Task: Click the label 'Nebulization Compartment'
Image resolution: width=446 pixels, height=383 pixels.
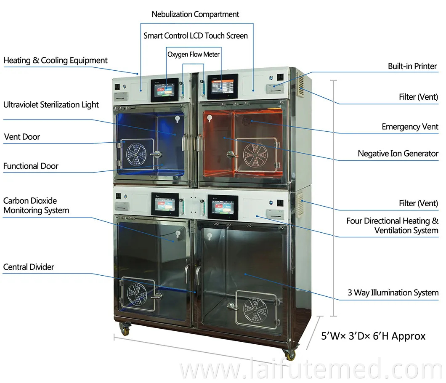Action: coord(195,14)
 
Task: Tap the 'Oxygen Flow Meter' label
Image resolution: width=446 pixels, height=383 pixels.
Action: coord(194,54)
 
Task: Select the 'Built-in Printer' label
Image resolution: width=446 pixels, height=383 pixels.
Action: coord(412,66)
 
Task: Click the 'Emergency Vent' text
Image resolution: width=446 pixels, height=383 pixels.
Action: coord(410,127)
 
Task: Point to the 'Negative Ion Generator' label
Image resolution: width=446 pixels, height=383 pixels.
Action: coord(398,154)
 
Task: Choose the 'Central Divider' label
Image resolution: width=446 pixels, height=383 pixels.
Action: coord(29,267)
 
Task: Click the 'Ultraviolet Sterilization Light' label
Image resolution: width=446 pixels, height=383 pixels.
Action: coord(51,105)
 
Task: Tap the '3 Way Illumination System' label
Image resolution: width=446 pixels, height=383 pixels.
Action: coord(393,293)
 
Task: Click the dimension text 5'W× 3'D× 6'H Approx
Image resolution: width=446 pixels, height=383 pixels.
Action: coord(373,336)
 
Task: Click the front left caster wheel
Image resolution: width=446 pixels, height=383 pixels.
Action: coord(125,329)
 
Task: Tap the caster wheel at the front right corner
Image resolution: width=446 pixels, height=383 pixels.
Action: coord(290,354)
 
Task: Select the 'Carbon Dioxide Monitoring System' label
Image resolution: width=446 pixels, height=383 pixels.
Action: coord(36,205)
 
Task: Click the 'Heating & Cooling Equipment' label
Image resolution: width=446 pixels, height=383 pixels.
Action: coord(56,61)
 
